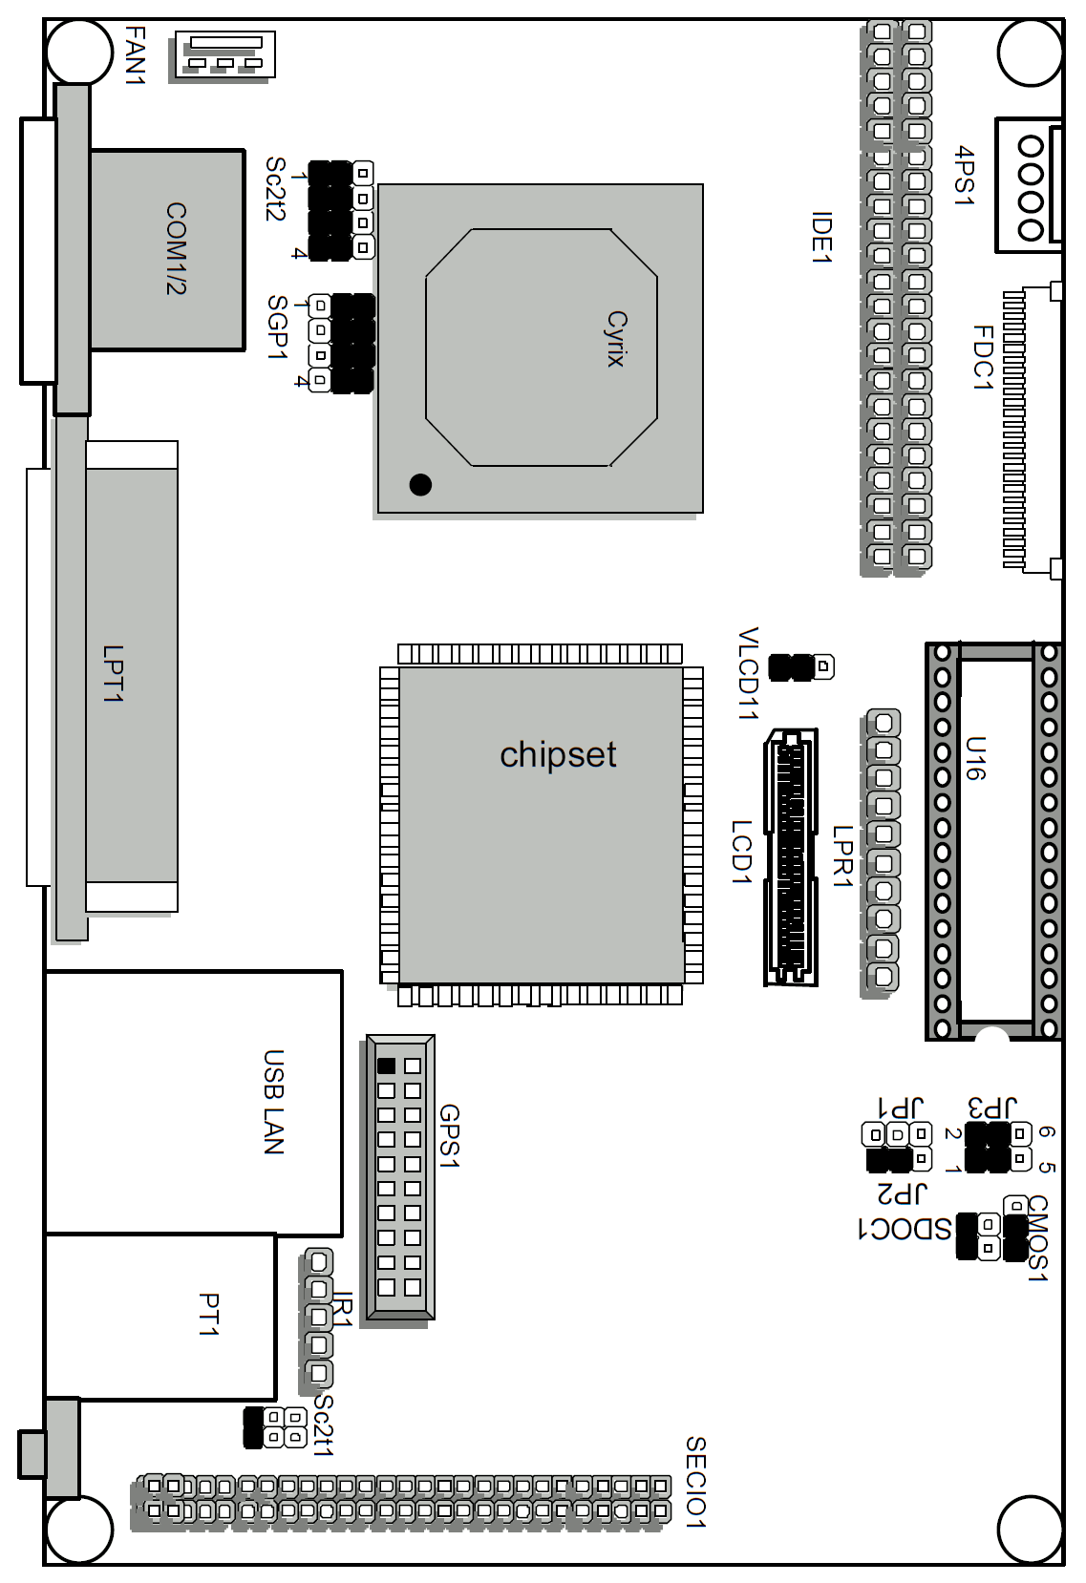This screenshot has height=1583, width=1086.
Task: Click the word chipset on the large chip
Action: coord(558,754)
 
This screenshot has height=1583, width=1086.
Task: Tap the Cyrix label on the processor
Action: coord(616,339)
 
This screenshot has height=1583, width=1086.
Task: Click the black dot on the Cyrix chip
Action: coord(420,484)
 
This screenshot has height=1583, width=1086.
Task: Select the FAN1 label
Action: coord(136,55)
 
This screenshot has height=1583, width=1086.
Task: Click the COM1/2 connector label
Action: coord(176,248)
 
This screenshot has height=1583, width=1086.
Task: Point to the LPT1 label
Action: coord(114,674)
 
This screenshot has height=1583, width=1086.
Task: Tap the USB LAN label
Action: coord(274,1102)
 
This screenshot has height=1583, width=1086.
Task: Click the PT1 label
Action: coord(208,1314)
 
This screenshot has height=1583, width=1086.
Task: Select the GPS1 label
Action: coord(449,1136)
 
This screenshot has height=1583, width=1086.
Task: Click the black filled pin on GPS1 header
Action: coord(386,1066)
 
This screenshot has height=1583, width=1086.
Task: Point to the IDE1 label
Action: coord(821,238)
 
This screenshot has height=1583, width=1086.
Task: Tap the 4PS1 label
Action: coord(965,176)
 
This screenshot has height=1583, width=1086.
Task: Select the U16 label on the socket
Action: coord(974,758)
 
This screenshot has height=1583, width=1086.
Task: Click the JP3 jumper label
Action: coord(992,1108)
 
